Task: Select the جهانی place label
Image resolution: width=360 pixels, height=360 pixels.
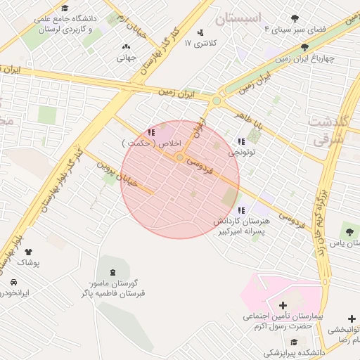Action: click(x=126, y=58)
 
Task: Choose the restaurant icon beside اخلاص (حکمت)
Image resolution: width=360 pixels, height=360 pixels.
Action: click(x=151, y=132)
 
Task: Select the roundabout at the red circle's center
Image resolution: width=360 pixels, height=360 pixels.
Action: click(x=180, y=158)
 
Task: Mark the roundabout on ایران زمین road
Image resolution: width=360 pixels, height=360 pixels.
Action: click(x=217, y=101)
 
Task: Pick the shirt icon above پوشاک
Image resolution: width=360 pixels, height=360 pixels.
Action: click(x=29, y=251)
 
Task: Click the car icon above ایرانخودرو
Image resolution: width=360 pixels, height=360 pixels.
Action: click(x=13, y=282)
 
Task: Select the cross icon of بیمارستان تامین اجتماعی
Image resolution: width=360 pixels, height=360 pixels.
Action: click(x=283, y=305)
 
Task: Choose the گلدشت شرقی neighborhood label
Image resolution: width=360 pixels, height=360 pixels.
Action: click(x=328, y=130)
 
